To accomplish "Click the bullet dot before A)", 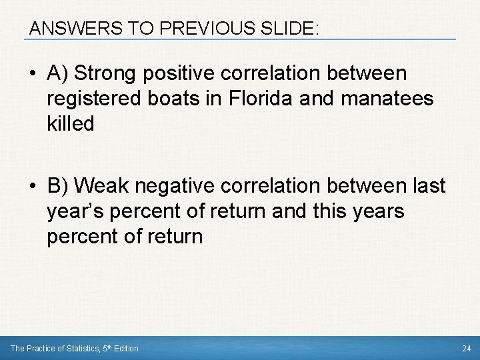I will pyautogui.click(x=33, y=73).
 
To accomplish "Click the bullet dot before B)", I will pyautogui.click(x=33, y=187).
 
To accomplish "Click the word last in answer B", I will pyautogui.click(x=426, y=187).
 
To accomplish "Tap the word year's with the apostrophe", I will pyautogui.click(x=75, y=212).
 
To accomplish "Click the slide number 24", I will pyautogui.click(x=466, y=348).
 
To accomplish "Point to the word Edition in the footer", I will pyautogui.click(x=123, y=348).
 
